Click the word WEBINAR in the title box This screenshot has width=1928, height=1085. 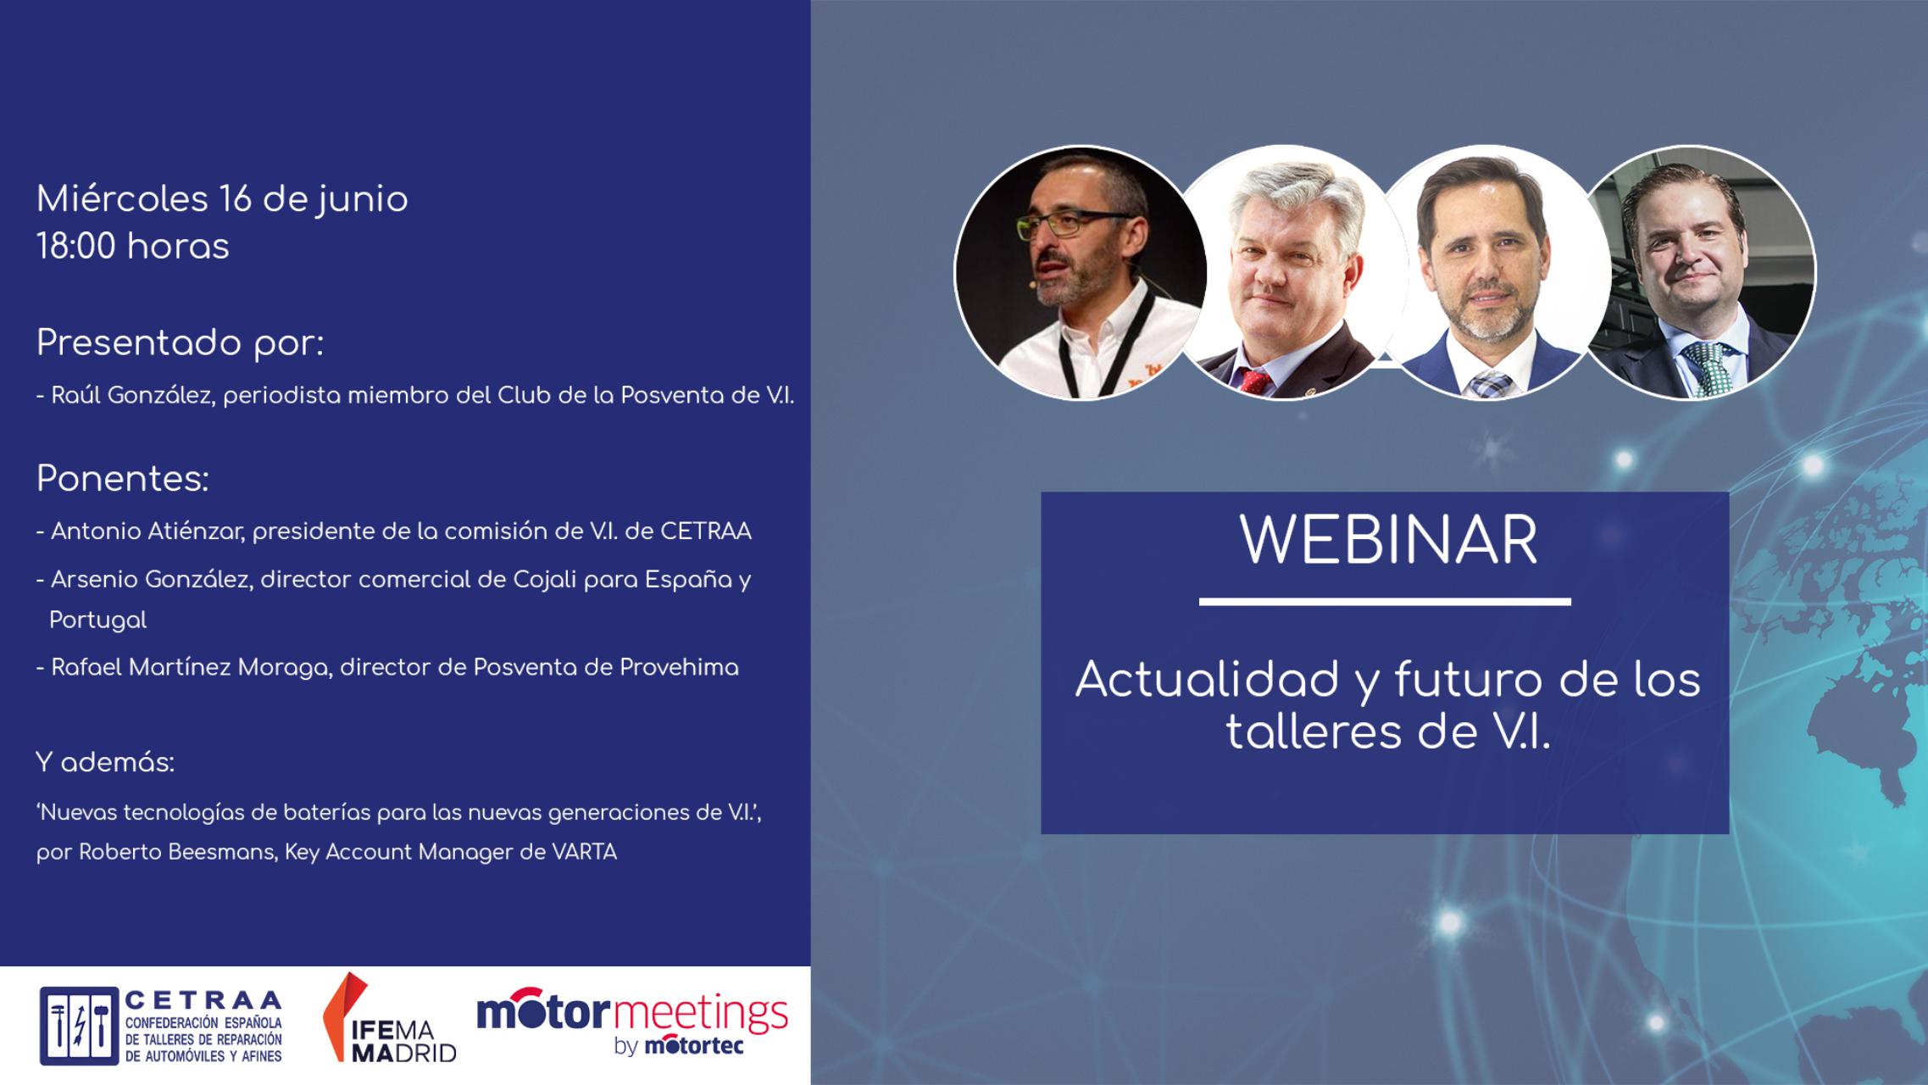pos(1388,541)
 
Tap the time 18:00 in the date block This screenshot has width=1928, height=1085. pos(77,247)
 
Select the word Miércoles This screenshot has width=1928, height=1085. pos(122,200)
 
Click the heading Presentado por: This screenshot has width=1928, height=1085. pos(180,343)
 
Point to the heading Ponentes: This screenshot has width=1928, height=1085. pos(122,480)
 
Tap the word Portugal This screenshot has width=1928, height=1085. pos(97,620)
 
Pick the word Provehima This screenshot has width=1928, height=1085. pos(679,668)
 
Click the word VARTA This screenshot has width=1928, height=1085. pos(584,852)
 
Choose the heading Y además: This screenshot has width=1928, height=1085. pos(105,763)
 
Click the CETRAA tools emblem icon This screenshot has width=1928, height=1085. pos(79,1026)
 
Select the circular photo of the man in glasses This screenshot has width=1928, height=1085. pos(1081,273)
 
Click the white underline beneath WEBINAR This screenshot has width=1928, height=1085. pos(1384,602)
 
